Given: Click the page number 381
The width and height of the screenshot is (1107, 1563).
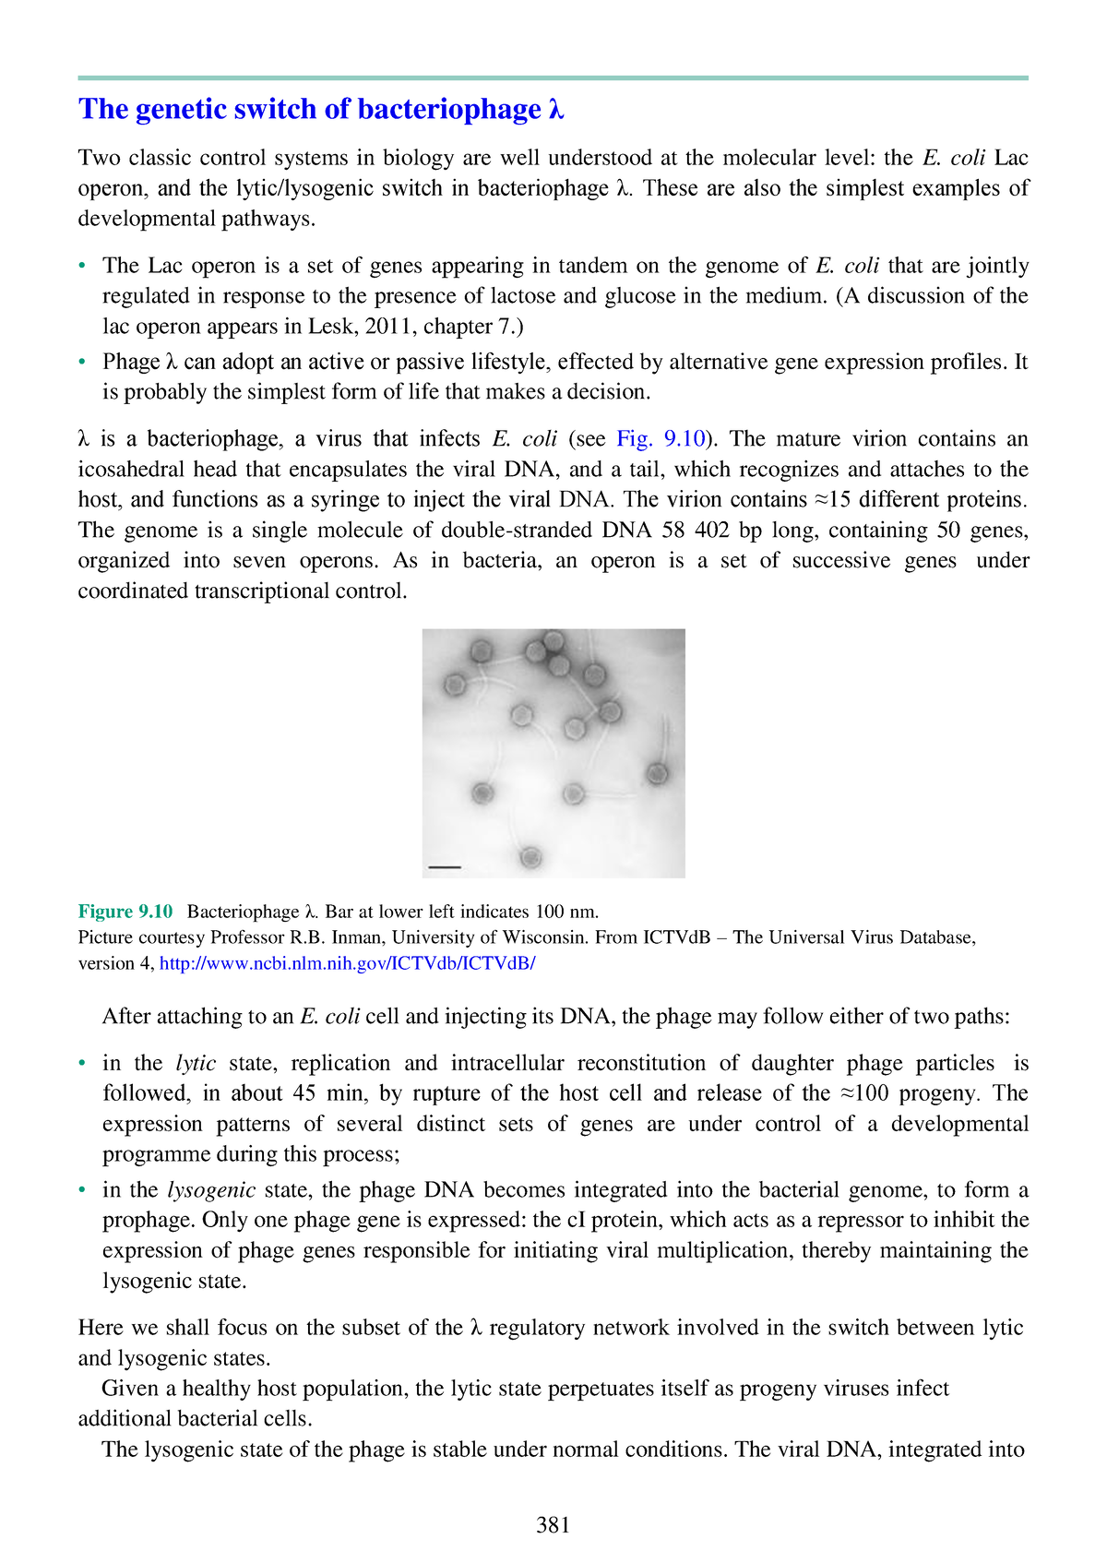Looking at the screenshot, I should point(553,1525).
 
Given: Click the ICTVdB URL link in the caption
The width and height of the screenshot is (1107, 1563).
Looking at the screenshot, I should point(347,963).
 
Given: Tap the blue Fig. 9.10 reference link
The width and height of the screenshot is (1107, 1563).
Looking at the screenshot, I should point(661,438).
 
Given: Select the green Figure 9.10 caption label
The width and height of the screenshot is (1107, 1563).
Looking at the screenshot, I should point(125,912).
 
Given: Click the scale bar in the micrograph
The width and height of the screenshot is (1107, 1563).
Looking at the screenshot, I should point(445,867).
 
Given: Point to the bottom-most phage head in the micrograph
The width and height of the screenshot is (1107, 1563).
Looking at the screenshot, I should point(530,858).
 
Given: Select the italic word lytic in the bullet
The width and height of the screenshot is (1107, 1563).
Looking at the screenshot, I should point(196,1063).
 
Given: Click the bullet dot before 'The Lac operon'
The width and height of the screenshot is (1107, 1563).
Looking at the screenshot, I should point(83,266).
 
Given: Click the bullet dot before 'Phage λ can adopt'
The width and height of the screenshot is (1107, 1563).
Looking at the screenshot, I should point(83,362).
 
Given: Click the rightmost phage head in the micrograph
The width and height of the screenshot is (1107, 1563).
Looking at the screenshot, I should point(658,773).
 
